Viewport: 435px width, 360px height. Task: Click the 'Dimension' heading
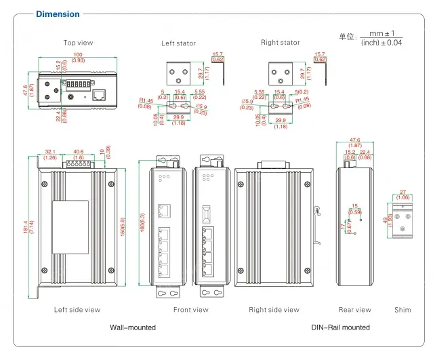(x=57, y=14)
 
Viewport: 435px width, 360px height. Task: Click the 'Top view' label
(x=78, y=43)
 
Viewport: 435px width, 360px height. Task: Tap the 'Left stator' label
(x=178, y=43)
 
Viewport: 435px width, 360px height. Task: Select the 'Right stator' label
(x=280, y=43)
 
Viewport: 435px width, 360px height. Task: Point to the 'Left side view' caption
(x=77, y=310)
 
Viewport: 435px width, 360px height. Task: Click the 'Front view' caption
(x=191, y=310)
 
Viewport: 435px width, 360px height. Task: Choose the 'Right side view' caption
(x=274, y=310)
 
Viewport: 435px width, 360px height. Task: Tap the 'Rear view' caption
(x=354, y=310)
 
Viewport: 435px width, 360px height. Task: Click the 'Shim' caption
(x=402, y=310)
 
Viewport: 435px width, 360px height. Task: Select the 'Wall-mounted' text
(x=133, y=327)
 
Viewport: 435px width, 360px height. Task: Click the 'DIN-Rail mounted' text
(x=340, y=327)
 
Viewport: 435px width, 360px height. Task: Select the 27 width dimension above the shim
(x=403, y=192)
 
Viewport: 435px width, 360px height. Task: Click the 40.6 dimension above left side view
(x=78, y=153)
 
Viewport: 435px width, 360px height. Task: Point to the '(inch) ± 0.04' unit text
(x=381, y=43)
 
